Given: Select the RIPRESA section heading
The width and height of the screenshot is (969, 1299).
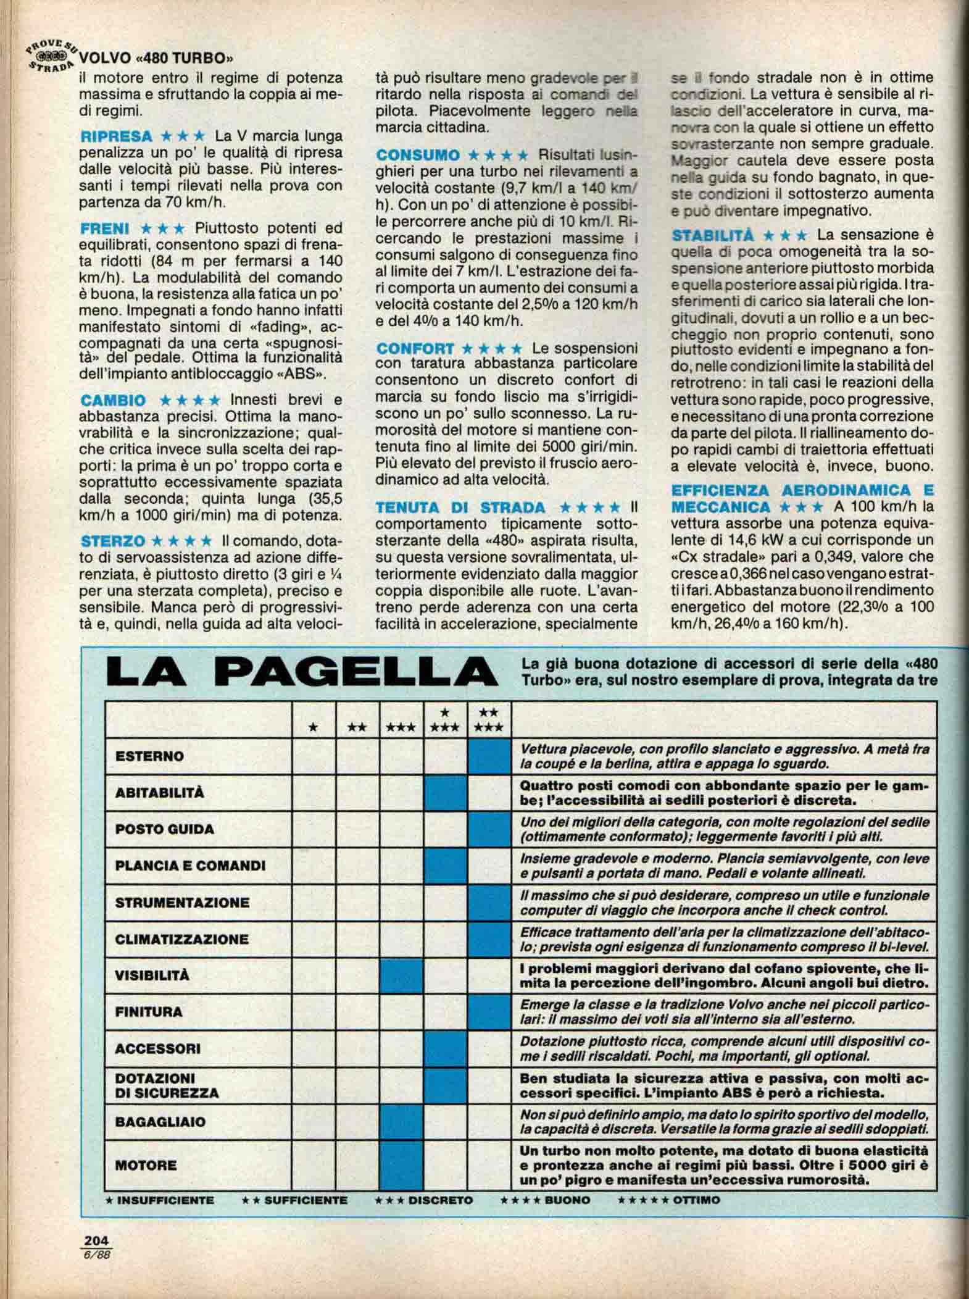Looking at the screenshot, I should point(117,136).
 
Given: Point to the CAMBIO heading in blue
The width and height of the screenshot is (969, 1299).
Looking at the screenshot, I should point(114,401).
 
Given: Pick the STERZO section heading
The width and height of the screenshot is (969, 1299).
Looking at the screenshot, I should point(113,541).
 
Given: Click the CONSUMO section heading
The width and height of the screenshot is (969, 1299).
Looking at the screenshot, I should point(418,155).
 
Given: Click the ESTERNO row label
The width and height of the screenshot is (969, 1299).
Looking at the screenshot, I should point(149,756).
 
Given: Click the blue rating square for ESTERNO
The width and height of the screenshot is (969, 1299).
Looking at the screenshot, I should point(490,756).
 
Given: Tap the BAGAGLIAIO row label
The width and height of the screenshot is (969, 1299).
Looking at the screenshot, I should point(160,1121).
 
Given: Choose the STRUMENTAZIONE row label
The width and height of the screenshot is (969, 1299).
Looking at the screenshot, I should point(182,903).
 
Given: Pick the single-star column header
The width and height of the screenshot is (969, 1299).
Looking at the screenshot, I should point(314,727).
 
